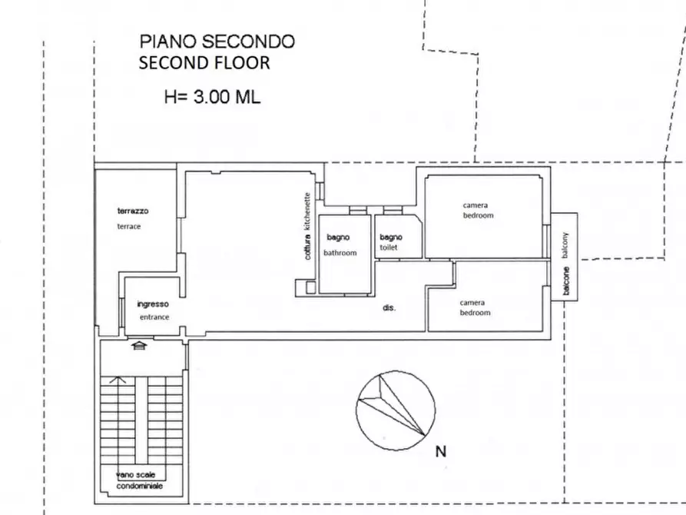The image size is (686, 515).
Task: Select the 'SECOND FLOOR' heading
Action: pyautogui.click(x=204, y=63)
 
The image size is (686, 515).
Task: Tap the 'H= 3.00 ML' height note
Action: pyautogui.click(x=212, y=97)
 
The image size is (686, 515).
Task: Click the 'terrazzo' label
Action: pyautogui.click(x=132, y=211)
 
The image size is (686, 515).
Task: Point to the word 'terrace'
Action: pyautogui.click(x=129, y=226)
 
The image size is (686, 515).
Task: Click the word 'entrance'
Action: pyautogui.click(x=154, y=317)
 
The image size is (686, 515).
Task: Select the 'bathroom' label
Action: pyautogui.click(x=340, y=253)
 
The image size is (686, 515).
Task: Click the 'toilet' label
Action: pyautogui.click(x=389, y=248)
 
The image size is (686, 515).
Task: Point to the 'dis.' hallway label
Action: pyautogui.click(x=389, y=308)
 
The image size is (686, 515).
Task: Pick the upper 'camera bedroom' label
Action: pyautogui.click(x=478, y=210)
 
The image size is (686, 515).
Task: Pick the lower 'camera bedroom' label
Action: pyautogui.click(x=475, y=307)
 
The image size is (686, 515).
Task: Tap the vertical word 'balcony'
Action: pyautogui.click(x=566, y=246)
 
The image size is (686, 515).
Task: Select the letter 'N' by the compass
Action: pyautogui.click(x=441, y=452)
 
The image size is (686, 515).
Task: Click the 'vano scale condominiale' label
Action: pyautogui.click(x=140, y=480)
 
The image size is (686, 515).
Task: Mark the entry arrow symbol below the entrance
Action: pyautogui.click(x=138, y=347)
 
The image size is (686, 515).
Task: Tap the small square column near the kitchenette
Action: pyautogui.click(x=310, y=287)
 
